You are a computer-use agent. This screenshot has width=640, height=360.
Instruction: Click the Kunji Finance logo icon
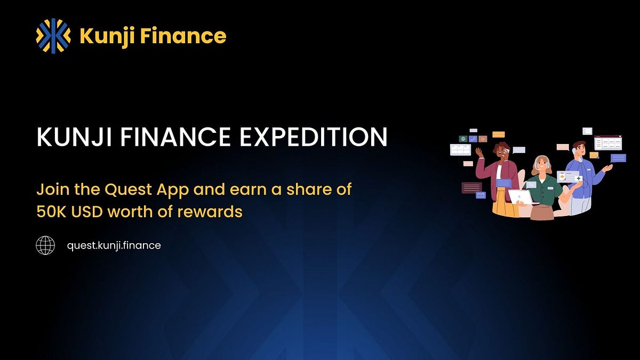click(53, 36)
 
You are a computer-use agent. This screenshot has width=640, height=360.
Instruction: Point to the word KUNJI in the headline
click(68, 137)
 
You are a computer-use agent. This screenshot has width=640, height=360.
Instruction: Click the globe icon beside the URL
click(45, 245)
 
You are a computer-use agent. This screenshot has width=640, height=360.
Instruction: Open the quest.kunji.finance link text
click(114, 245)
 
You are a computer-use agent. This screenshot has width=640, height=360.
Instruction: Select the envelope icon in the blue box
click(481, 196)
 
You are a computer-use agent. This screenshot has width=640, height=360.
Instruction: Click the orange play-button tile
click(483, 139)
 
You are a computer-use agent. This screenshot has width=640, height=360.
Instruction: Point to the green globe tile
click(463, 139)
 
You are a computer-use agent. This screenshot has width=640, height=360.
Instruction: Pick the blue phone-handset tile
click(473, 139)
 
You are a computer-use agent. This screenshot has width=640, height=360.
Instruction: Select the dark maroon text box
click(471, 187)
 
